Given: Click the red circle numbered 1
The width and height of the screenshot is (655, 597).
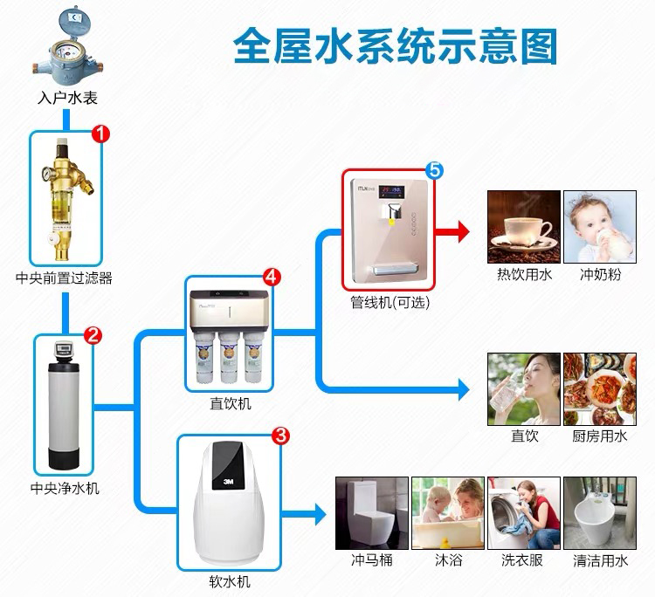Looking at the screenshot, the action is pyautogui.click(x=100, y=134).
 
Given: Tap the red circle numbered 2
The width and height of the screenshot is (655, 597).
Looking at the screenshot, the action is pyautogui.click(x=93, y=335).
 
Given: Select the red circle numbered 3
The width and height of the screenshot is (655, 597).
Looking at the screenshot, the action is pyautogui.click(x=280, y=436).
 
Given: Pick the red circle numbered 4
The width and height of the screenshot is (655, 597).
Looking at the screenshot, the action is pyautogui.click(x=272, y=277).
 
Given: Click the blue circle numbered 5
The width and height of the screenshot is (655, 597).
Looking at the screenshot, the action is pyautogui.click(x=434, y=170).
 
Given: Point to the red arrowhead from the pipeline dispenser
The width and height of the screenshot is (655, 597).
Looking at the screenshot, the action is pyautogui.click(x=463, y=231).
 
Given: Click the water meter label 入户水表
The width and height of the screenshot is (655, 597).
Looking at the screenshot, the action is pyautogui.click(x=67, y=99).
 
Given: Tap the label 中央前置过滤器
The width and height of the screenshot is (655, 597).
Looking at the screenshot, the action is pyautogui.click(x=64, y=278).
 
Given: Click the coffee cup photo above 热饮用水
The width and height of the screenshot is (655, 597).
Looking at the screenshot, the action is pyautogui.click(x=524, y=227).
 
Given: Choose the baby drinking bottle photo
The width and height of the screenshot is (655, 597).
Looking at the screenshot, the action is pyautogui.click(x=600, y=227).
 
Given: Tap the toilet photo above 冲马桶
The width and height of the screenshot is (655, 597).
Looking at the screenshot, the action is pyautogui.click(x=372, y=513).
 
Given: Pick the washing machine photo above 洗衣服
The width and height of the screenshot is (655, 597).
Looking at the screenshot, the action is pyautogui.click(x=524, y=513).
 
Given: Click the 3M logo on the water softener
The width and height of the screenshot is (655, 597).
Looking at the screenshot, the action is pyautogui.click(x=228, y=482).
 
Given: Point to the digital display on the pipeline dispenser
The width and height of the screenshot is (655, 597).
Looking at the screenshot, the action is pyautogui.click(x=391, y=192).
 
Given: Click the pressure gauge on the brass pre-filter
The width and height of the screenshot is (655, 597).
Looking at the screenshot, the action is pyautogui.click(x=46, y=174).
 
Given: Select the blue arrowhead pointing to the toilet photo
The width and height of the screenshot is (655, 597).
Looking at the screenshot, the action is pyautogui.click(x=321, y=514).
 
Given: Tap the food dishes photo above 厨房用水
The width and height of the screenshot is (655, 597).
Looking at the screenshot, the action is pyautogui.click(x=600, y=389).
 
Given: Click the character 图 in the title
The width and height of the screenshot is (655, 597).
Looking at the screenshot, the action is pyautogui.click(x=540, y=46).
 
